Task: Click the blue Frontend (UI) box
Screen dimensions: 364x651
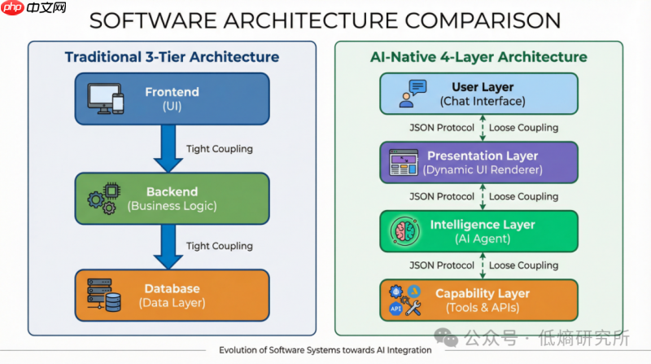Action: point(171,99)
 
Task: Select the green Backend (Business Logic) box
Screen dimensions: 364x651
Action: point(171,198)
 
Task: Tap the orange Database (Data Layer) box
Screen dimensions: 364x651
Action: point(171,295)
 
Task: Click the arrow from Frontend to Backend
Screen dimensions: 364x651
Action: point(169,151)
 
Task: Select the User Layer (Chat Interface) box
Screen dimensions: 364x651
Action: point(478,94)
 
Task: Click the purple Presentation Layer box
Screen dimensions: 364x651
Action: point(478,162)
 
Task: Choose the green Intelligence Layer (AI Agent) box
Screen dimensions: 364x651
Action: point(478,230)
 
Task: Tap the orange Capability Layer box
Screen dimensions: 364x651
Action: point(478,300)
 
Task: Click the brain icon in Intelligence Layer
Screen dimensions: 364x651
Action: point(404,231)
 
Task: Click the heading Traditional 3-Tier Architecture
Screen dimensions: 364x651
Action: point(172,57)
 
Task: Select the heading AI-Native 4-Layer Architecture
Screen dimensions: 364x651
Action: point(478,57)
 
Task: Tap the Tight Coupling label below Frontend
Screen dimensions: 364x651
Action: point(219,149)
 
